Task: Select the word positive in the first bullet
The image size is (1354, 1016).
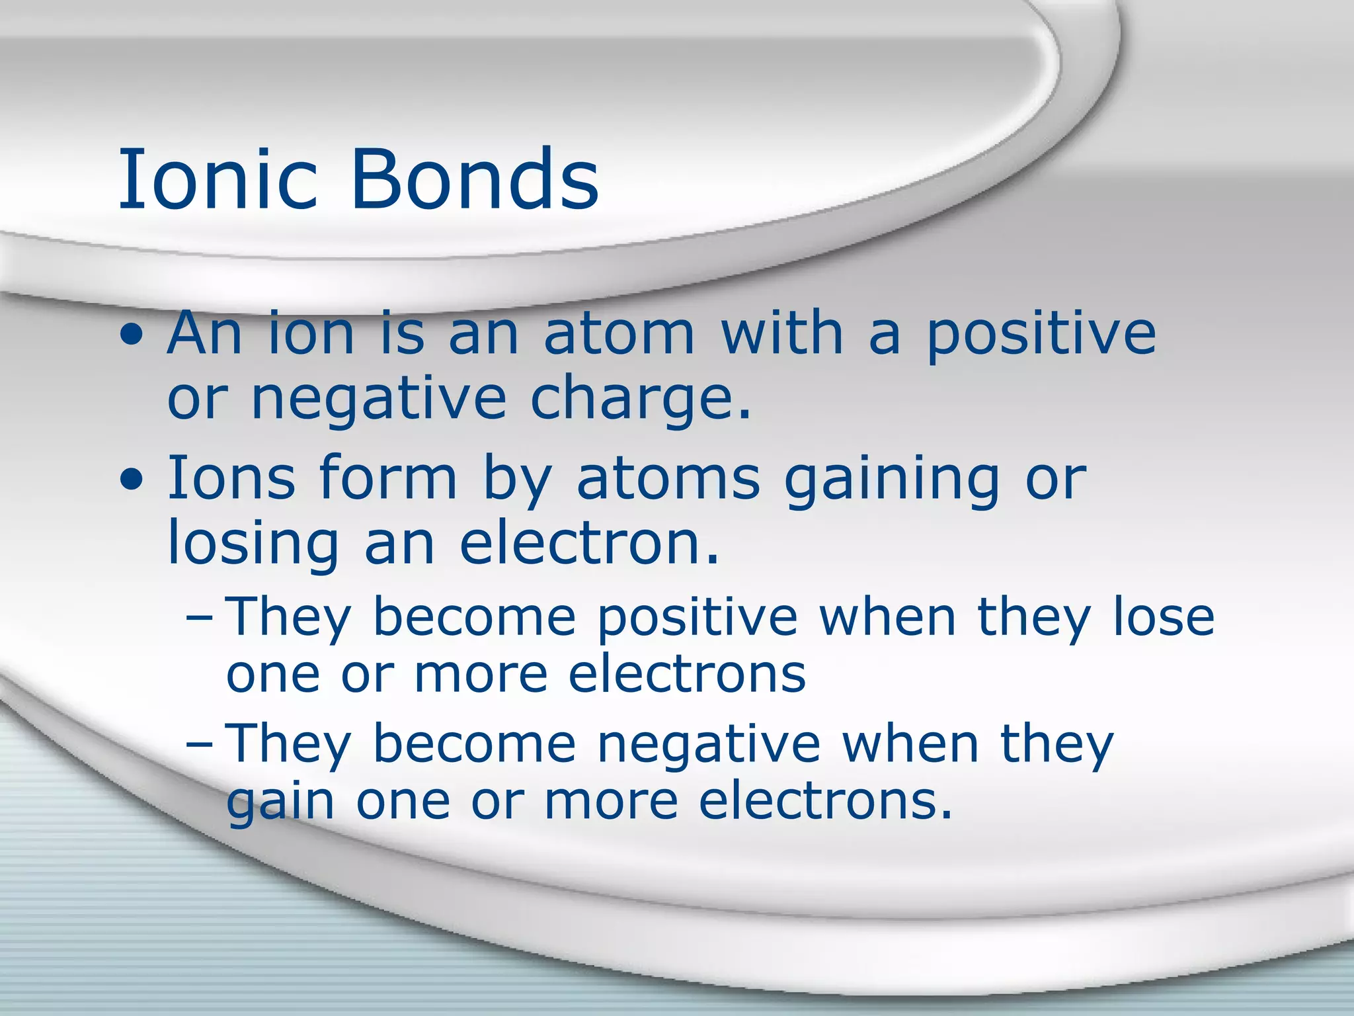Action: pyautogui.click(x=1041, y=335)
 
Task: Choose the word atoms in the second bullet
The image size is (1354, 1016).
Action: pyautogui.click(x=668, y=479)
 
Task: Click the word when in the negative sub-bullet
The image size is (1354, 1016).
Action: pyautogui.click(x=910, y=743)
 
